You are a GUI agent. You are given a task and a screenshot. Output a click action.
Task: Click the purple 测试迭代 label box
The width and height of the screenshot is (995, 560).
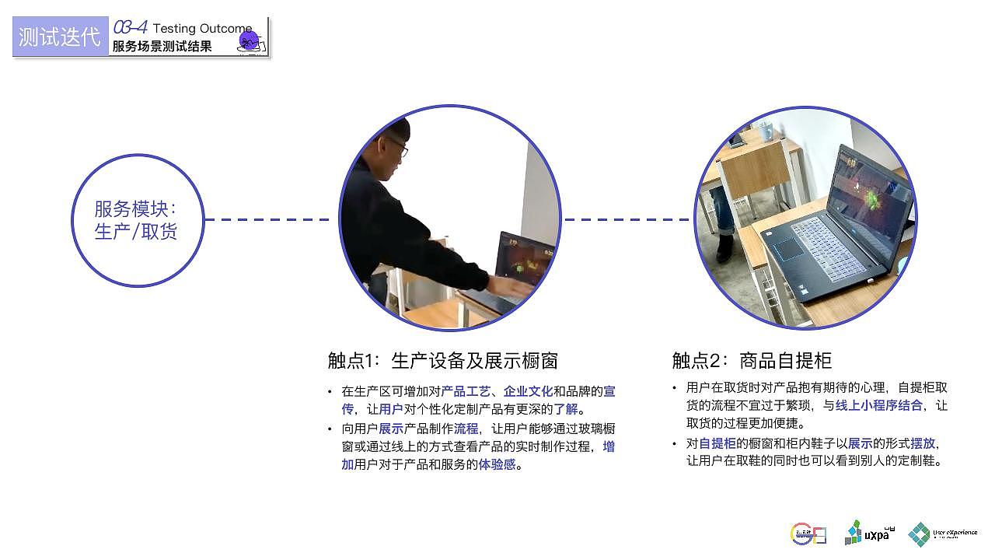(x=60, y=37)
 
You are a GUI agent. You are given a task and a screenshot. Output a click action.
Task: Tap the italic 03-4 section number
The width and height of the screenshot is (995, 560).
(x=130, y=28)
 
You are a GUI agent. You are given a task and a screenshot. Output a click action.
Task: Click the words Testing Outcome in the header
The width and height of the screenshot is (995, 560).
(x=202, y=29)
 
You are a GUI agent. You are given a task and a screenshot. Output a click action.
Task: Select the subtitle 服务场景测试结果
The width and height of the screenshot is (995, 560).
(x=162, y=47)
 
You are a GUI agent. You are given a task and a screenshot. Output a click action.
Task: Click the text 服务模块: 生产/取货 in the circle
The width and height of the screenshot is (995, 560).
(x=136, y=220)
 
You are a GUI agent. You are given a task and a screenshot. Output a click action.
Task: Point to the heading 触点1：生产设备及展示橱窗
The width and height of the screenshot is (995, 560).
(x=442, y=361)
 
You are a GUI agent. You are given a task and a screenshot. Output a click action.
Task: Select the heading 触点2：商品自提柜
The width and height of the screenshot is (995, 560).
(x=752, y=361)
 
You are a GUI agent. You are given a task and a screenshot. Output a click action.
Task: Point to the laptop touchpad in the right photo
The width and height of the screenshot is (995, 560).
(x=788, y=249)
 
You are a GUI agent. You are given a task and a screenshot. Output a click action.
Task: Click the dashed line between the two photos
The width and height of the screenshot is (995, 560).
(x=627, y=219)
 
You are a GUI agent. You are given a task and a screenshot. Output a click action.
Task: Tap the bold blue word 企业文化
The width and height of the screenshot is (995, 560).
(x=528, y=391)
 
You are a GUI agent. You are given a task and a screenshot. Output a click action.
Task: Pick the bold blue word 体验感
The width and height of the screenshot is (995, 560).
(x=497, y=464)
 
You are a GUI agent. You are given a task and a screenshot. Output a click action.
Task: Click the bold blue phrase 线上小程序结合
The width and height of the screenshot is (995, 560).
(x=878, y=405)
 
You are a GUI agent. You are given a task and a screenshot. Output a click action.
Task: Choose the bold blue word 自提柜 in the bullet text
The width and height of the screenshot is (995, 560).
(x=717, y=443)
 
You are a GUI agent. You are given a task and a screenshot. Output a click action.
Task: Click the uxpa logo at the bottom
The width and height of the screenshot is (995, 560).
(x=869, y=533)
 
